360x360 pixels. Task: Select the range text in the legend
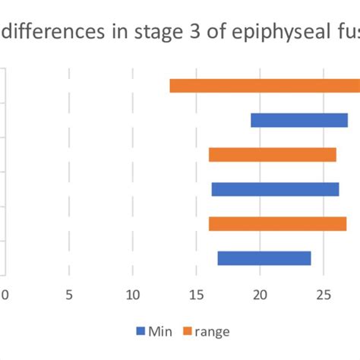click(212, 331)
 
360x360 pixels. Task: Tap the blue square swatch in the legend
click(141, 331)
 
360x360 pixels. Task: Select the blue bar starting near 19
click(298, 120)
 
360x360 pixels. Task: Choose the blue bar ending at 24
click(264, 258)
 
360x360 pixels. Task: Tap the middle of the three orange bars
click(272, 155)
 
